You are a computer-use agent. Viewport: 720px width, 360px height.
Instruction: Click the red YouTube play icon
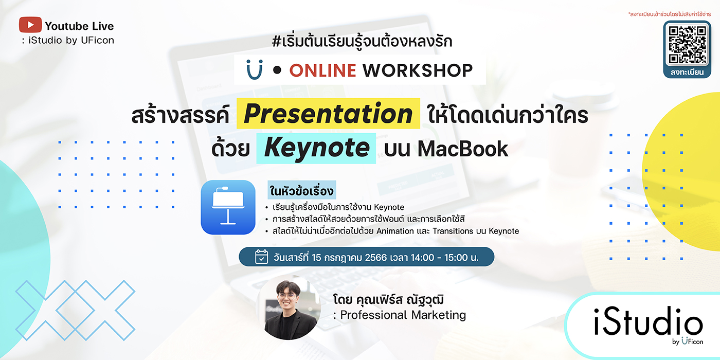30,25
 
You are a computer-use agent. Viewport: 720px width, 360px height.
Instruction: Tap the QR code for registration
687,45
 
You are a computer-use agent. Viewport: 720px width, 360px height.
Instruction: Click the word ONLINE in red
323,70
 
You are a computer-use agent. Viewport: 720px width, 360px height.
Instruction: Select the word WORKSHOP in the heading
418,70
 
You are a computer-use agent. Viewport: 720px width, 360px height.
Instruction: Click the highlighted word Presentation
328,114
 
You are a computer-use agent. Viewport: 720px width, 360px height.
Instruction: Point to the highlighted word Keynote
316,148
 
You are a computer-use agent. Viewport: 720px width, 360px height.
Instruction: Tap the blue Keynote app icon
228,207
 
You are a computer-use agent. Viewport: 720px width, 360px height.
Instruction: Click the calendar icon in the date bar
261,257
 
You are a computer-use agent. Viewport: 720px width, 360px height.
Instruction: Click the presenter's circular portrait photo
289,308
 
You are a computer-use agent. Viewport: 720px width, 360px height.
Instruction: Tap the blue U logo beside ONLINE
255,69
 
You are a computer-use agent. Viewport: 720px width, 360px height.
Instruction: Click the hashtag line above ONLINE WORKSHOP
362,42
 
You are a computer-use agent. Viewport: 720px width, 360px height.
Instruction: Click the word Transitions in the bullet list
453,231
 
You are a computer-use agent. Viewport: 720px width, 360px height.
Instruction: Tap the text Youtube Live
79,26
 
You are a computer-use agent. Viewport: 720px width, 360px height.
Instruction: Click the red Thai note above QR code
670,14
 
